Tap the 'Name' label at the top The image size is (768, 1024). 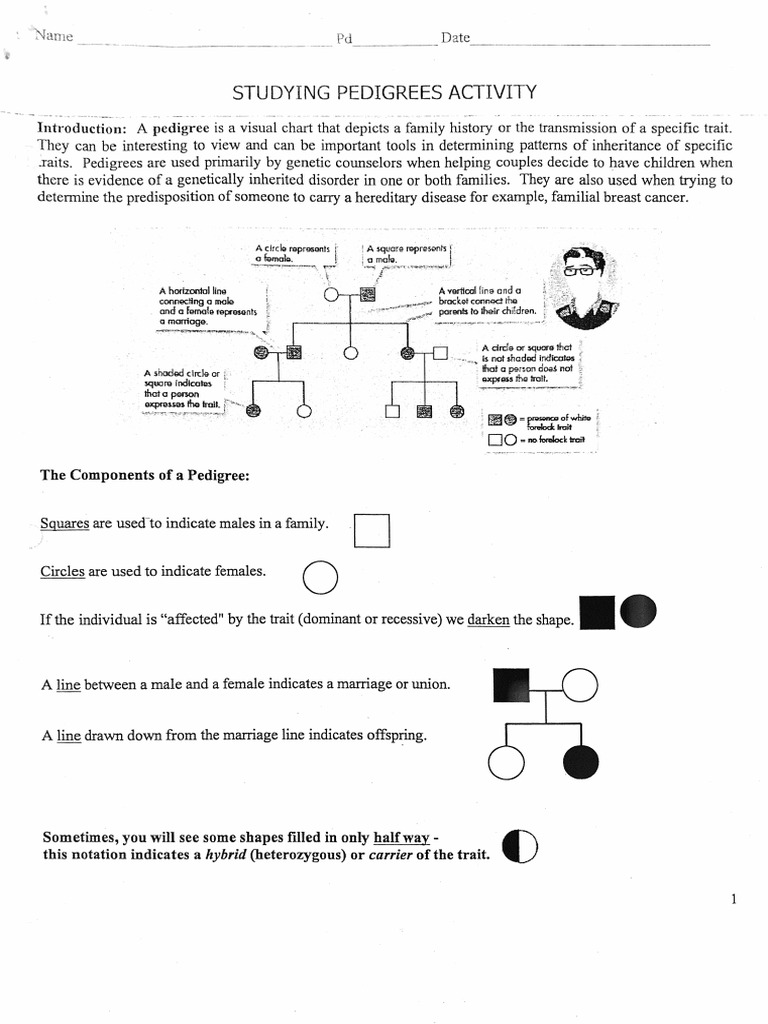pos(53,37)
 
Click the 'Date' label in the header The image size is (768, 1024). pos(455,38)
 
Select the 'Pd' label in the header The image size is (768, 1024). pos(345,39)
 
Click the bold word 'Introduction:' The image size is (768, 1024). pos(82,130)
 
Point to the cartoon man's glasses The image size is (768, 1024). pos(577,270)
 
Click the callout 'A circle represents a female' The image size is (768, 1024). pos(291,252)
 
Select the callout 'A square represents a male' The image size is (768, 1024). pos(408,252)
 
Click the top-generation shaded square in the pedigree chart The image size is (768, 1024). pos(367,294)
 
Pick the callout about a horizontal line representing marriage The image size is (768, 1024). pos(207,306)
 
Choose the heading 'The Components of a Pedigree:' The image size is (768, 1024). pos(144,475)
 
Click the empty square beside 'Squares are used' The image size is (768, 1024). pos(371,530)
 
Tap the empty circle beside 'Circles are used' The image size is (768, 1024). pos(319,577)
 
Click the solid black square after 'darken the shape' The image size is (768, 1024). pos(597,613)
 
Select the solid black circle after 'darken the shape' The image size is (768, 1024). pos(638,611)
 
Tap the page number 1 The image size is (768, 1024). pos(733,899)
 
